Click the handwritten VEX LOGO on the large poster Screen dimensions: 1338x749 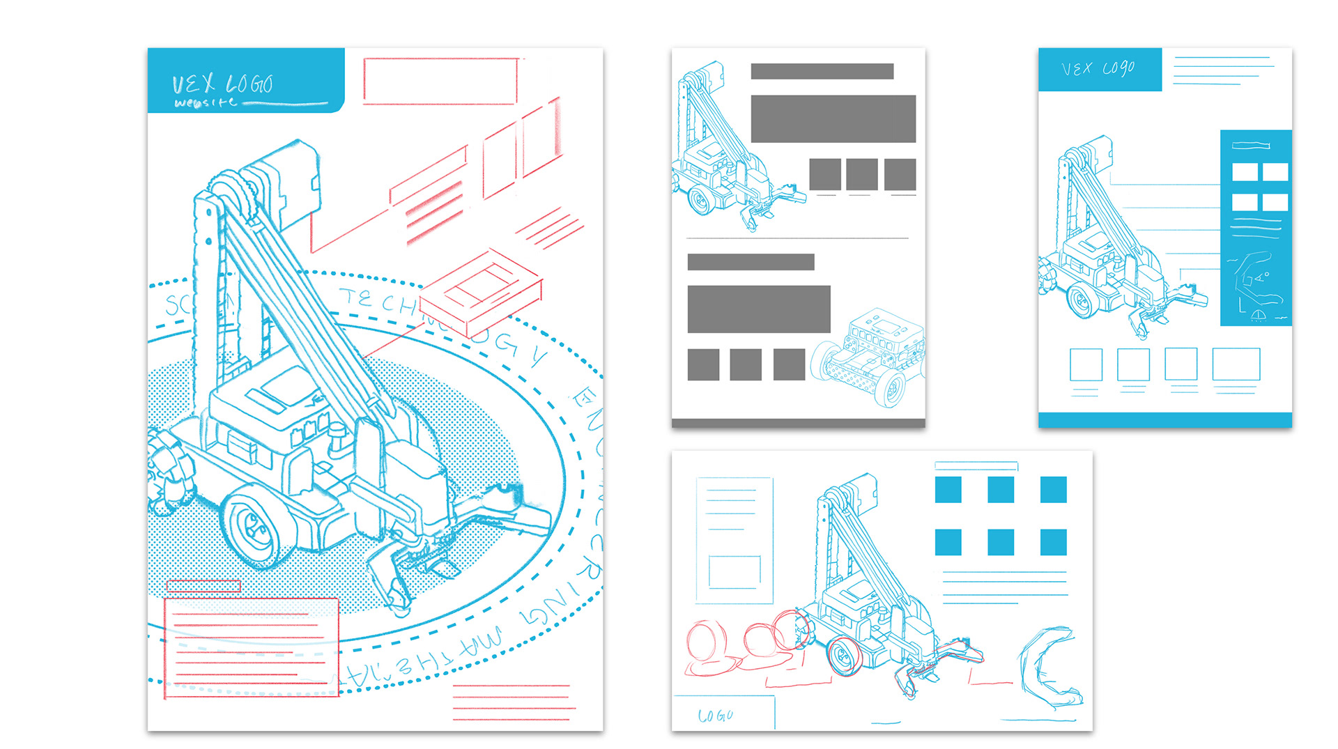(x=222, y=84)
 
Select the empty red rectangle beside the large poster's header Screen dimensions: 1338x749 (x=440, y=82)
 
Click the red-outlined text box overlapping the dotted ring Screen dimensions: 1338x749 (x=251, y=647)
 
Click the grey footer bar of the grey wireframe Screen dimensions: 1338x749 (x=798, y=423)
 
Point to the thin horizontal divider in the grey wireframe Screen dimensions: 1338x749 (x=798, y=238)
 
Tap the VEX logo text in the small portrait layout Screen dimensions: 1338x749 (x=1098, y=68)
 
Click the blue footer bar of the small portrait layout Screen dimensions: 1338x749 (x=1164, y=419)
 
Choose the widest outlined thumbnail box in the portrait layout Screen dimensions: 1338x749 (x=1236, y=364)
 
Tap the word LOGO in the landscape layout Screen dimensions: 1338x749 (x=716, y=716)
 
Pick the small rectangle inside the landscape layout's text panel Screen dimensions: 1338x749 (x=735, y=571)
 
